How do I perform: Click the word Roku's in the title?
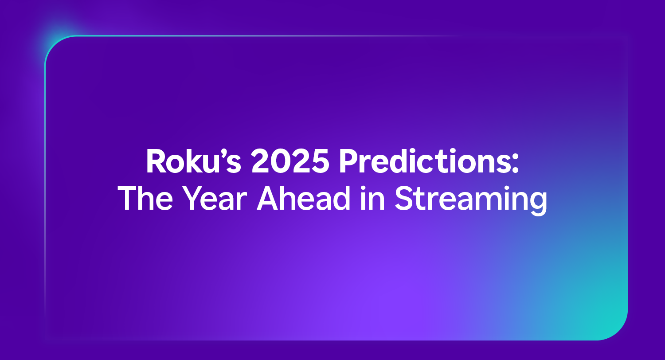click(x=193, y=163)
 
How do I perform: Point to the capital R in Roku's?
click(x=156, y=163)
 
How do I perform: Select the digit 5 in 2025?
click(x=320, y=163)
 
